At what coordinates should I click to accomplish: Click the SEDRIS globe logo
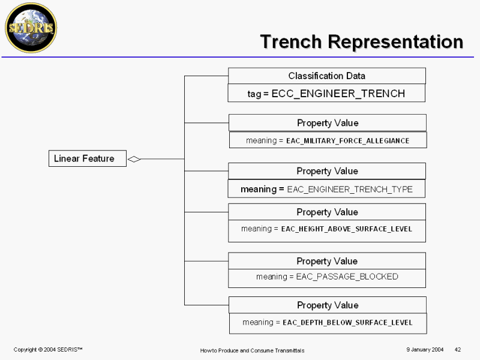31,28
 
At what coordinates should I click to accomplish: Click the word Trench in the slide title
291,41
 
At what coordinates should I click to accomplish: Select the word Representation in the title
395,42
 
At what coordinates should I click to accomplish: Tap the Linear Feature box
88,158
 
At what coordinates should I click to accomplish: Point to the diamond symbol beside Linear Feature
134,159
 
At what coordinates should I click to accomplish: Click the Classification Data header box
327,76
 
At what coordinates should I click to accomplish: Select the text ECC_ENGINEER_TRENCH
338,94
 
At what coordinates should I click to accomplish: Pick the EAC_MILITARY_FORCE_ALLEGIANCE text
348,141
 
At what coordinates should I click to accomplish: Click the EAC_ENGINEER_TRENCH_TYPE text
350,190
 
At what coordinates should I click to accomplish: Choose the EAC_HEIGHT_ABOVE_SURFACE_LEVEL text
347,229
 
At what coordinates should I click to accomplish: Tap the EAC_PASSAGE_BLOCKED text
347,277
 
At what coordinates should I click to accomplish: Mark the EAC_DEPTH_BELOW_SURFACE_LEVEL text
347,323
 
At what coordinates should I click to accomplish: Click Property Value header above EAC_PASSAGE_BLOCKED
327,261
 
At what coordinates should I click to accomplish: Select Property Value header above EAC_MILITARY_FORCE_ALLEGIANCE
328,123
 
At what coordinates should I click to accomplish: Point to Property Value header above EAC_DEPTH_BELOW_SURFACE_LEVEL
328,305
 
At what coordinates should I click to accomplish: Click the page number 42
458,350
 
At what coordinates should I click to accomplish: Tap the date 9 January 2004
425,350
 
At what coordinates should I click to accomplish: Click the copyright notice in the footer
48,350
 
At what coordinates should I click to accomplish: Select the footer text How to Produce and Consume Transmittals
252,350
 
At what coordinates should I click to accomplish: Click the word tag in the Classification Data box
254,94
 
